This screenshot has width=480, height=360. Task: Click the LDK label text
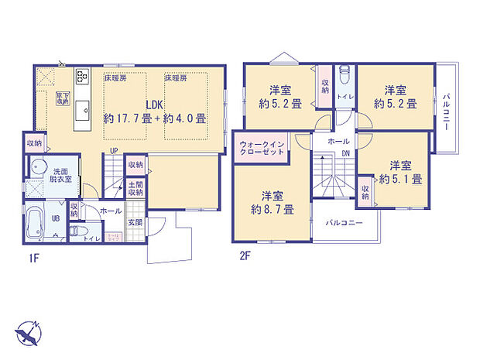[156, 105]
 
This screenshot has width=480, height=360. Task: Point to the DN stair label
[345, 153]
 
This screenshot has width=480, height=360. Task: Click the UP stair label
[114, 150]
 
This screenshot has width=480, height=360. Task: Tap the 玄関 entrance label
[135, 222]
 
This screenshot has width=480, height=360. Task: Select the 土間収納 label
[135, 188]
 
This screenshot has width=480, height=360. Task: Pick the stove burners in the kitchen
[82, 78]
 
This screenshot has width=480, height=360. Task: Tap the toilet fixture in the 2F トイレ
[346, 76]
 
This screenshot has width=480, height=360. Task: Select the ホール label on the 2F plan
[338, 142]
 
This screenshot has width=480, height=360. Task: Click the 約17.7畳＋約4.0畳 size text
[156, 119]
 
